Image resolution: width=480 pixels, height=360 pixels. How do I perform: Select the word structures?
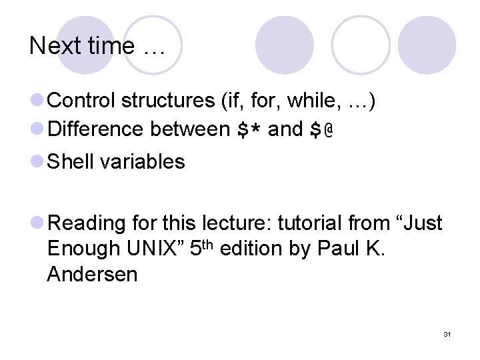click(165, 101)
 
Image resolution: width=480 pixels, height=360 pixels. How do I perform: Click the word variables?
click(142, 161)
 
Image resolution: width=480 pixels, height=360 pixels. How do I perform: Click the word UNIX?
click(151, 248)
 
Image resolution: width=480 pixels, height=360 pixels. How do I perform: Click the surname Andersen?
click(92, 273)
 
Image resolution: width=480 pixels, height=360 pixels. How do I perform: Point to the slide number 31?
click(447, 334)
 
